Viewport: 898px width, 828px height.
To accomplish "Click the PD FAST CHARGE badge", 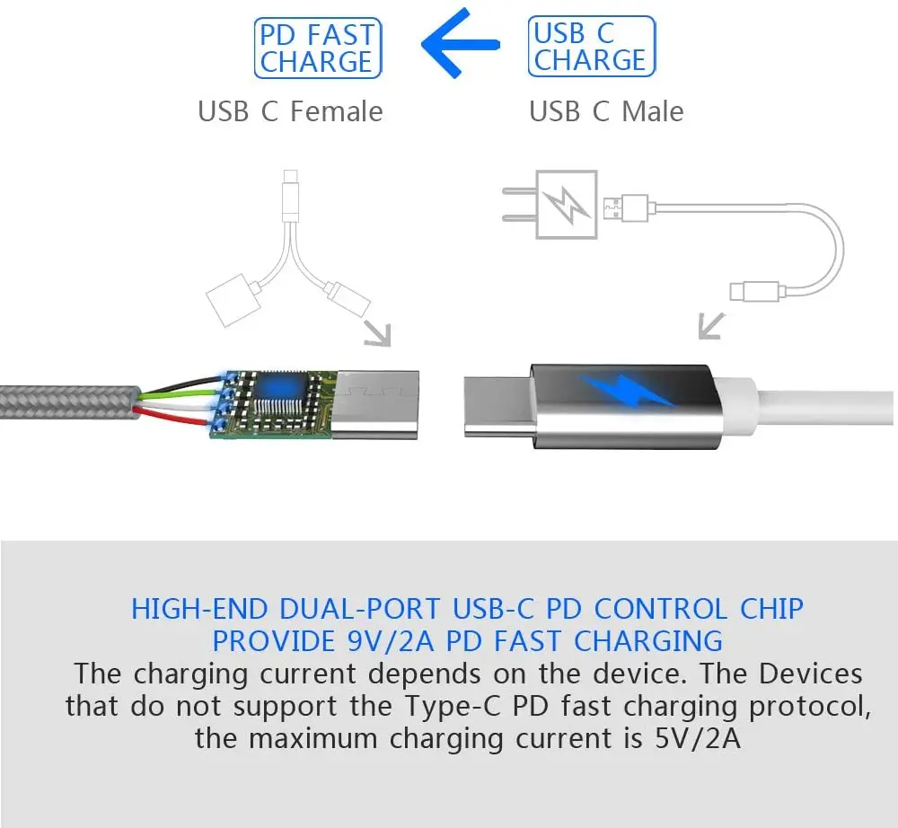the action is pos(318,48).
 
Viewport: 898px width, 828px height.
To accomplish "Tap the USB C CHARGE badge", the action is pos(590,47).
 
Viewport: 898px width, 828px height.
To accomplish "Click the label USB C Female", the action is pos(290,111).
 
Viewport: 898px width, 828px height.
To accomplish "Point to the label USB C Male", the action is pos(606,111).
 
